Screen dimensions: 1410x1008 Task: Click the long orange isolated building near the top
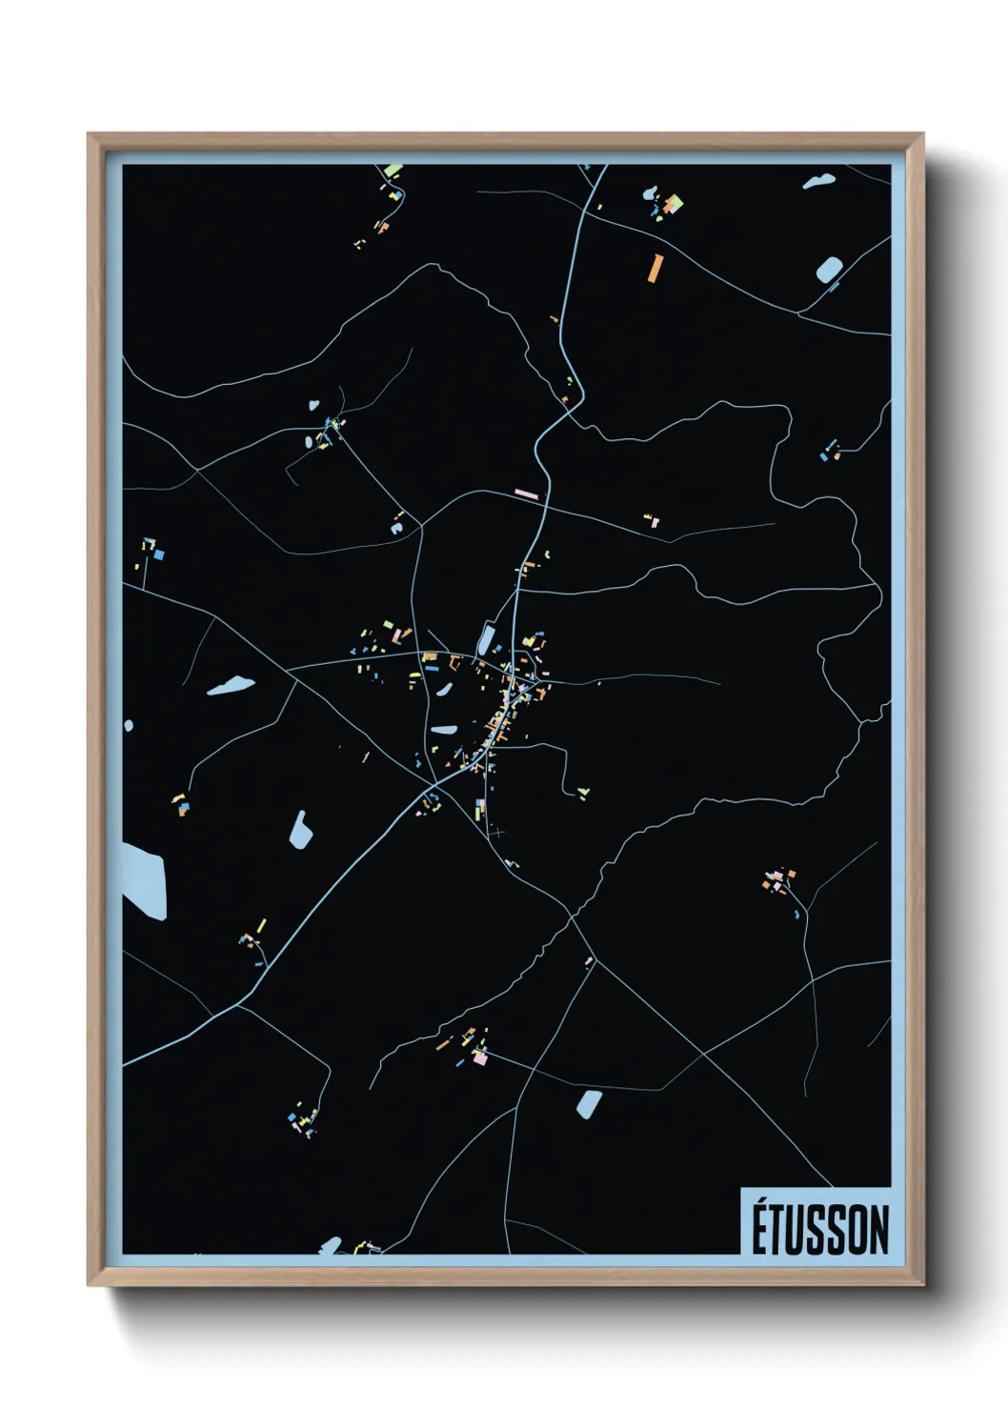click(655, 268)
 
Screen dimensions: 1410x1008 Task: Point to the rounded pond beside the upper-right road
click(829, 270)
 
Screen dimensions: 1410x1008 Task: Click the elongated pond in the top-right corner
click(818, 180)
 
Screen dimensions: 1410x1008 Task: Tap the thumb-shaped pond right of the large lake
click(301, 830)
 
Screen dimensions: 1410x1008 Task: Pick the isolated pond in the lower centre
click(589, 1103)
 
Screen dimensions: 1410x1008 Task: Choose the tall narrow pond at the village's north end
click(485, 638)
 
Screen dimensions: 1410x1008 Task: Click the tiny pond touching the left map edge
click(128, 726)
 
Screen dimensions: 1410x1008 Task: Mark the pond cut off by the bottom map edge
click(330, 1245)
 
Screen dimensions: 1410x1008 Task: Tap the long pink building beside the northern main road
click(527, 493)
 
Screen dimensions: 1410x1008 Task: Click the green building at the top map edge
click(393, 171)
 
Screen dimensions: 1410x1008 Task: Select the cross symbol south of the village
click(496, 832)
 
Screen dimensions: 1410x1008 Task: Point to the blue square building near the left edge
click(159, 554)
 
